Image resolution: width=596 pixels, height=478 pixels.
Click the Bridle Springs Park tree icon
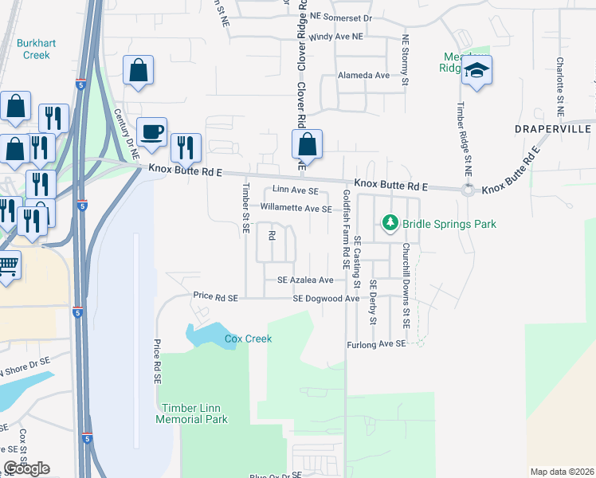point(390,223)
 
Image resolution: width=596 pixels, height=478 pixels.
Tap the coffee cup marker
point(151,131)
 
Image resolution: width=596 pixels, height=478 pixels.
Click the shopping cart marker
point(6,266)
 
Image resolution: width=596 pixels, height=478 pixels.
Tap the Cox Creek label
point(248,339)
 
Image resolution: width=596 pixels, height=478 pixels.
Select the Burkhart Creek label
point(33,49)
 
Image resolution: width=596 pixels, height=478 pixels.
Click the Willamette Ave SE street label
point(295,209)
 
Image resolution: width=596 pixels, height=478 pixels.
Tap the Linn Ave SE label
point(295,191)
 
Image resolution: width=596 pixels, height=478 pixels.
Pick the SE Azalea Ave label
point(305,280)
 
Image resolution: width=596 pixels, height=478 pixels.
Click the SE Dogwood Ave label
point(326,298)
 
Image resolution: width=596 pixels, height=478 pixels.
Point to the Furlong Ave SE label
point(376,344)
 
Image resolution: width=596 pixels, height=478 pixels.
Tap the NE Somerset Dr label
point(342,16)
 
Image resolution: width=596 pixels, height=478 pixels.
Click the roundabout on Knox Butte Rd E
point(468,190)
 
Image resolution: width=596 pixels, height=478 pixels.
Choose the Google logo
point(26,468)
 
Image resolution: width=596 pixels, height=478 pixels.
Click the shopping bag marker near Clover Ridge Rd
point(307,144)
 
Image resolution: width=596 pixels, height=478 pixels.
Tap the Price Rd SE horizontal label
point(215,296)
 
